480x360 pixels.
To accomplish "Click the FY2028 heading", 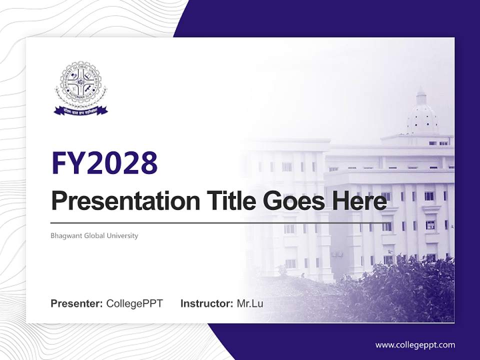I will (104, 162).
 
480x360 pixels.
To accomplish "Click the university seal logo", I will (80, 85).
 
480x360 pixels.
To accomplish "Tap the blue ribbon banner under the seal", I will (80, 110).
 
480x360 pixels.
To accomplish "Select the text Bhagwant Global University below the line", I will (94, 235).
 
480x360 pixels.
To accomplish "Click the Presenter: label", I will (77, 303).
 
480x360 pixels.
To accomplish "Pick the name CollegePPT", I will (134, 303).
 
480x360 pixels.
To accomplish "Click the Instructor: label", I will (206, 303).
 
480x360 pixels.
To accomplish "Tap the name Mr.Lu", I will (249, 303).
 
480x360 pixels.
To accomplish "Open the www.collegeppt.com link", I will (415, 344).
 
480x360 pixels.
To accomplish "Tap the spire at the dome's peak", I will (421, 92).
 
